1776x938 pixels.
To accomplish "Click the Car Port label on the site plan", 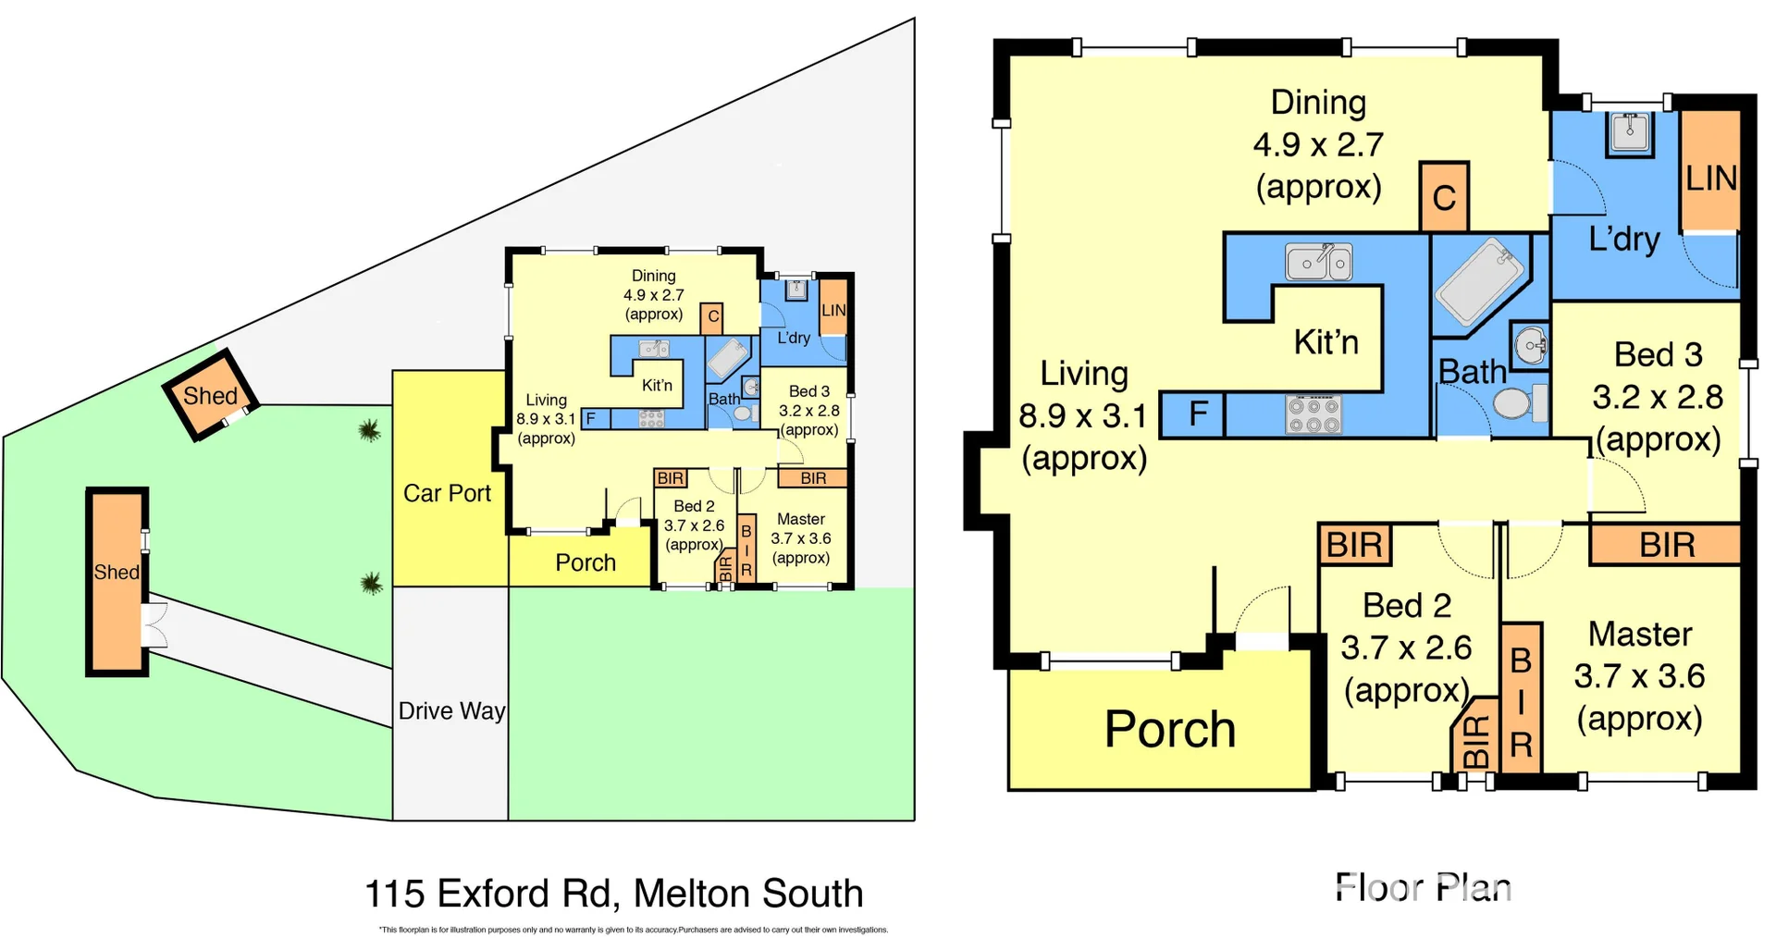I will (447, 493).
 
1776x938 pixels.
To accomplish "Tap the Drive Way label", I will (451, 710).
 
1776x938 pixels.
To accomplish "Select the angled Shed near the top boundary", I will (210, 395).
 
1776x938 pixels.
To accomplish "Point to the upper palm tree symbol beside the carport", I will (369, 430).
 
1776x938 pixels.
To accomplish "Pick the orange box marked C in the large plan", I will (1444, 197).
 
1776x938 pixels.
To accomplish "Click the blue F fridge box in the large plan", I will (1192, 413).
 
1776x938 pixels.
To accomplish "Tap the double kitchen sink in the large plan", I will (1319, 263).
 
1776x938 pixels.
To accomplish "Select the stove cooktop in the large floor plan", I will (1313, 414).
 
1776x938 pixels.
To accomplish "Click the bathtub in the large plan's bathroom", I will (1479, 280).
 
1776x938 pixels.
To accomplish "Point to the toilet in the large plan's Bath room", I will (1517, 403).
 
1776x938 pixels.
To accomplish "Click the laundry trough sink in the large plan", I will (1629, 132).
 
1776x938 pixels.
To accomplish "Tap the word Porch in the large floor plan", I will (1169, 729).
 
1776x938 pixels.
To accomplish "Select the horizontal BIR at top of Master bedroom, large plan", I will (1665, 545).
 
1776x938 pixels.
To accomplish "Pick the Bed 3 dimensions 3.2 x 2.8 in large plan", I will (1658, 397).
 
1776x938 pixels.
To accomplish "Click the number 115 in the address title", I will (394, 894).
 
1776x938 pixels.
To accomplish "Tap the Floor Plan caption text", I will (1423, 887).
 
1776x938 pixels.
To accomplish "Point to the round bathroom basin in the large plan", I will (1530, 347).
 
